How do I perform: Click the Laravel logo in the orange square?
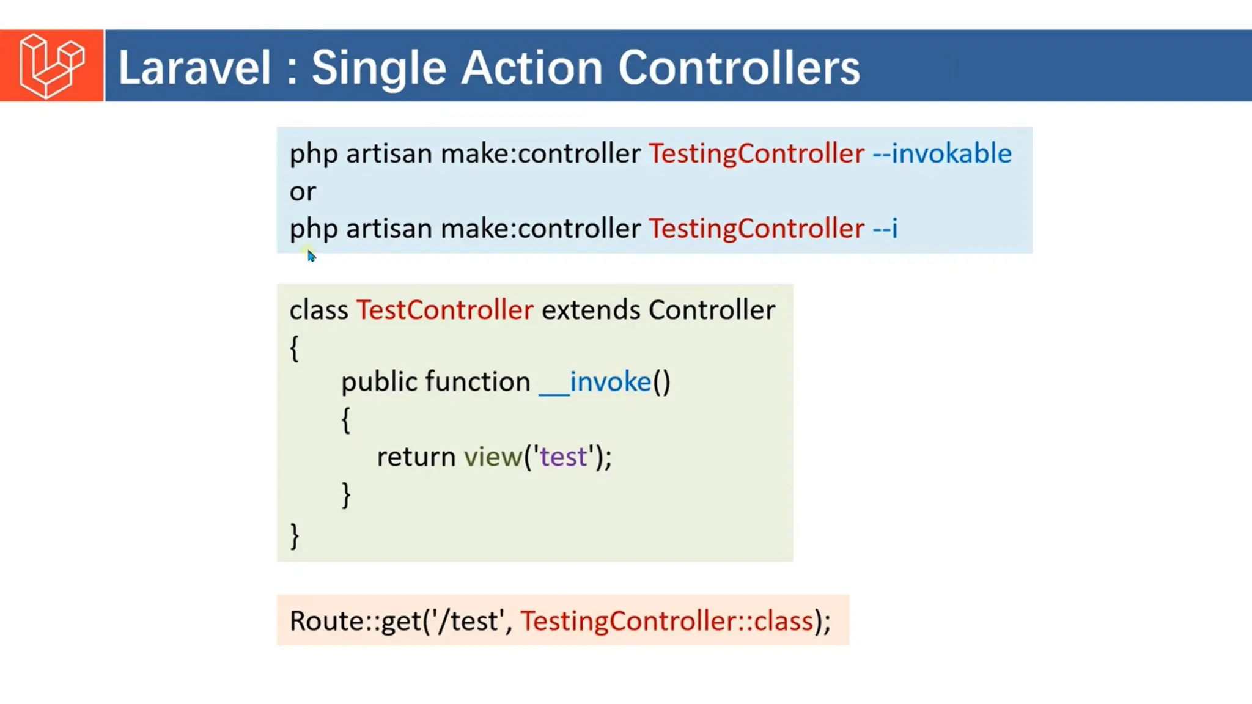point(52,66)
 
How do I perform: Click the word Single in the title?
point(378,67)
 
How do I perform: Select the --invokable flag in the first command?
point(941,153)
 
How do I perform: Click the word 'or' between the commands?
point(303,192)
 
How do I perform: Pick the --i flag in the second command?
point(885,229)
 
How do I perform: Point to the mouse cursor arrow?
point(311,255)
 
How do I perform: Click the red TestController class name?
point(444,310)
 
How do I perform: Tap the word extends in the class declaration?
point(591,310)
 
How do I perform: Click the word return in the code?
point(416,457)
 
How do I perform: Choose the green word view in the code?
point(493,457)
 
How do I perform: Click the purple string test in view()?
point(562,457)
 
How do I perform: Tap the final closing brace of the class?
point(295,535)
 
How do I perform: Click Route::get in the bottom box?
point(355,621)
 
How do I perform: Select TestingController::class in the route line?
point(666,621)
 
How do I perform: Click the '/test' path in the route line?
point(468,621)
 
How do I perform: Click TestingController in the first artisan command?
point(756,153)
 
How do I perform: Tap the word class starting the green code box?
point(319,310)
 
